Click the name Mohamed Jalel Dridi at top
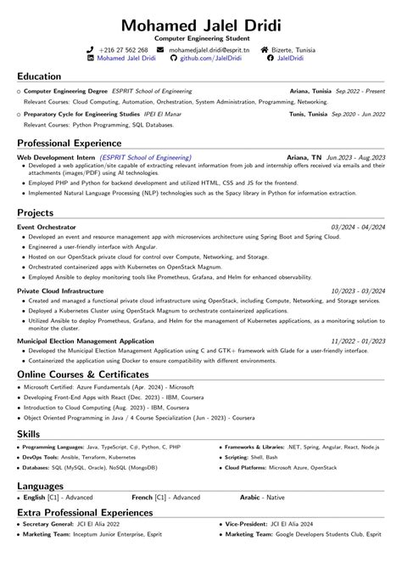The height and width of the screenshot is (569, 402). coord(201,22)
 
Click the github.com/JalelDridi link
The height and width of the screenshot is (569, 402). coord(209,59)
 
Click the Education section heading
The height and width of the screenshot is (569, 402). coord(39,76)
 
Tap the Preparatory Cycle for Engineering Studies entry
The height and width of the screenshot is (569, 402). coord(81,113)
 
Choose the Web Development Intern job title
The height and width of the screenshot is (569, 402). coord(56,157)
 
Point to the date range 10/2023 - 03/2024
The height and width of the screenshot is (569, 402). coord(356,290)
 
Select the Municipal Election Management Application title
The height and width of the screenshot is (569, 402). coord(86,341)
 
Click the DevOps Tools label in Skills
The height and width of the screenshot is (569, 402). coord(41,456)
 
